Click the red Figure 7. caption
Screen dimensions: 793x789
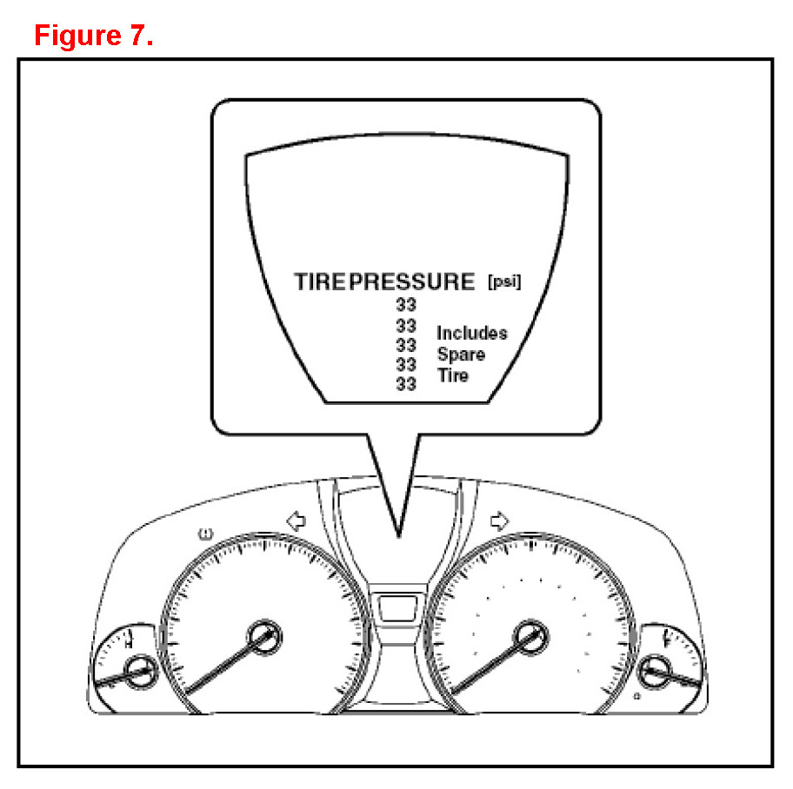coord(93,36)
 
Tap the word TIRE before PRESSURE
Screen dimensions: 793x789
coord(320,282)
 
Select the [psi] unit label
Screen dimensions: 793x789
coord(504,282)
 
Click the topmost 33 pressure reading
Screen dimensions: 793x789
coord(406,305)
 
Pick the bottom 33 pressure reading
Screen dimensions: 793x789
coord(406,384)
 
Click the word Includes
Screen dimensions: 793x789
coord(471,334)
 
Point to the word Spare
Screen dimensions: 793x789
coord(461,355)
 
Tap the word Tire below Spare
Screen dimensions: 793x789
coord(452,375)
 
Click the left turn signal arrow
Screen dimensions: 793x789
coord(297,520)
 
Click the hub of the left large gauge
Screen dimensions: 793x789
coord(261,637)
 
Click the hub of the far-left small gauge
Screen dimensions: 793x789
coord(137,669)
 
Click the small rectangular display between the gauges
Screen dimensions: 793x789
coord(396,607)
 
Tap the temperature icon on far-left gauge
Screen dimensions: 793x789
coord(129,641)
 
